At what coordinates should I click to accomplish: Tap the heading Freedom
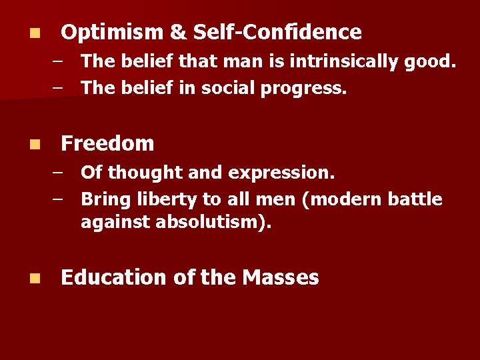coord(107,143)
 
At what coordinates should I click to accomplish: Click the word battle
coord(414,199)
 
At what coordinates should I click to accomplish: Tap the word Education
coord(113,277)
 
